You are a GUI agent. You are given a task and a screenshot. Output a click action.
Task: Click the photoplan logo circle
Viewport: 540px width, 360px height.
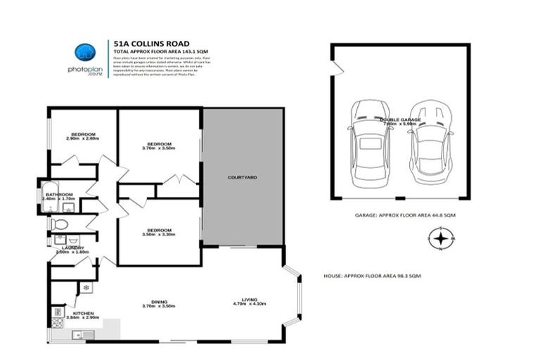coord(84,52)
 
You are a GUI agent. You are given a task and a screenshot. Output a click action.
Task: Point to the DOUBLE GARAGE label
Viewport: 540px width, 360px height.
coord(400,120)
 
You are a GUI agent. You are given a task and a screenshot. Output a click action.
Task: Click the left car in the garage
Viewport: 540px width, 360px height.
coord(370,141)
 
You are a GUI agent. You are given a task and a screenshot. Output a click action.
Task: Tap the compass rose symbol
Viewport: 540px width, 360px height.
coord(440,239)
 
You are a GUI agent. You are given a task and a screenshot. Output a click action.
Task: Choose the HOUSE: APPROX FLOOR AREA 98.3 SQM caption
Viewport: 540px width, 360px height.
coord(372,275)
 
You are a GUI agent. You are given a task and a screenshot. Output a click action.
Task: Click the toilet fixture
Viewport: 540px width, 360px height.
coord(59,224)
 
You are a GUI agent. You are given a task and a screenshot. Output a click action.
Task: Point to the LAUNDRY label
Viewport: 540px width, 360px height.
coord(72,248)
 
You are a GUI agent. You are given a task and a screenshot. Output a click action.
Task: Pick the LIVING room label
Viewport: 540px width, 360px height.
coord(241,300)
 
